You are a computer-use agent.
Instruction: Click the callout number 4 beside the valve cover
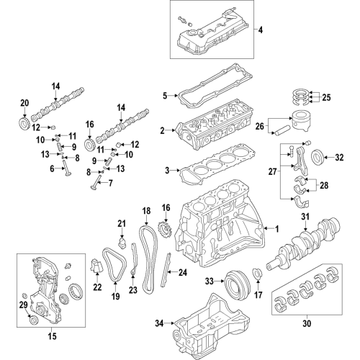[261, 30]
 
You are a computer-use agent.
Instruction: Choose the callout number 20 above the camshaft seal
[24, 102]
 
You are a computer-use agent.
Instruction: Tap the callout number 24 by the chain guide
[182, 272]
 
